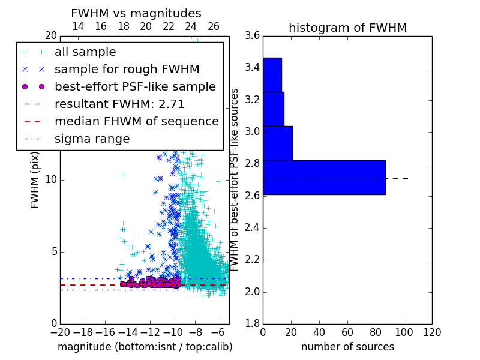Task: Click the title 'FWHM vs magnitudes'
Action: pyautogui.click(x=136, y=13)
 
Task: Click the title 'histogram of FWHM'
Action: pyautogui.click(x=348, y=28)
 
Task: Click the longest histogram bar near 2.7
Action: pyautogui.click(x=324, y=177)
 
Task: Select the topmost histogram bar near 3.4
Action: pyautogui.click(x=272, y=74)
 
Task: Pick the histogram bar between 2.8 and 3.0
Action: pyautogui.click(x=278, y=143)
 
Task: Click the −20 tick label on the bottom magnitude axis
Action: pyautogui.click(x=61, y=332)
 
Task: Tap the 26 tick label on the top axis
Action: pyautogui.click(x=214, y=26)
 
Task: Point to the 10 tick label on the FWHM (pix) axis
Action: pyautogui.click(x=51, y=179)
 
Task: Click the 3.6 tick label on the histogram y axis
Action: pyautogui.click(x=252, y=35)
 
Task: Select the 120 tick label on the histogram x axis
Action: pyautogui.click(x=432, y=332)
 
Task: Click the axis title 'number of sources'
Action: pyautogui.click(x=348, y=347)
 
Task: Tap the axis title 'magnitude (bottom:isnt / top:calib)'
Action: pyautogui.click(x=145, y=347)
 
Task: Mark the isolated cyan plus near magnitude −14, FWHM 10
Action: pyautogui.click(x=124, y=175)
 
